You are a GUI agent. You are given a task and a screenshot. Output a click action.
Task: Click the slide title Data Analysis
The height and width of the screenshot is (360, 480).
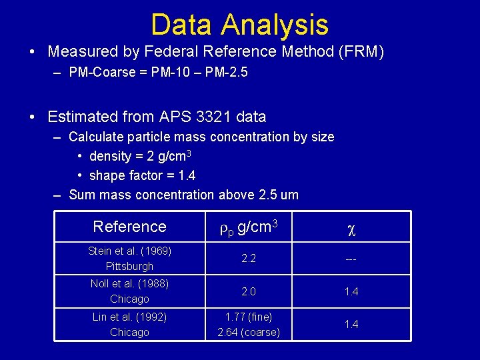pyautogui.click(x=239, y=25)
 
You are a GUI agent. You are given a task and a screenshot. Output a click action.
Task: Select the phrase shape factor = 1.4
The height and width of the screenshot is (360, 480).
pyautogui.click(x=142, y=175)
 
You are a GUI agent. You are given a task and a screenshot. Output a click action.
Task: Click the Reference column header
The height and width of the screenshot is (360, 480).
pyautogui.click(x=129, y=227)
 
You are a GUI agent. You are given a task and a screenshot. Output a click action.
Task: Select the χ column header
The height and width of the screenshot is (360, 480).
pyautogui.click(x=351, y=228)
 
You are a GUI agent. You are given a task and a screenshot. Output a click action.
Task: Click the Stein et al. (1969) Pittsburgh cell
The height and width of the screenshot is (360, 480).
pyautogui.click(x=129, y=259)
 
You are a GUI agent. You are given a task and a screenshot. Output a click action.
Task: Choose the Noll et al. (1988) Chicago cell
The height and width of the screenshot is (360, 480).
pyautogui.click(x=129, y=291)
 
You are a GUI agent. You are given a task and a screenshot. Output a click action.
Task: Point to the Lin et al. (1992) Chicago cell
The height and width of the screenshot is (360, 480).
pyautogui.click(x=129, y=324)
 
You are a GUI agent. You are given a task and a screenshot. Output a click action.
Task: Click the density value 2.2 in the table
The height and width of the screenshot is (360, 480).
pyautogui.click(x=249, y=259)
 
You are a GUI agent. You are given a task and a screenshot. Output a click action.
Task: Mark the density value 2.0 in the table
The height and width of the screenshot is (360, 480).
pyautogui.click(x=249, y=291)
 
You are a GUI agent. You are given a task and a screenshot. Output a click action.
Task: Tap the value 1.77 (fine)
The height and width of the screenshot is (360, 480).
pyautogui.click(x=249, y=317)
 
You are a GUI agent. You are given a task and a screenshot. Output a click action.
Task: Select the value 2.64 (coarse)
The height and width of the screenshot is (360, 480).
pyautogui.click(x=249, y=332)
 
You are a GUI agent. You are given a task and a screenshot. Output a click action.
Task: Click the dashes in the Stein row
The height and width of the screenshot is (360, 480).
pyautogui.click(x=351, y=259)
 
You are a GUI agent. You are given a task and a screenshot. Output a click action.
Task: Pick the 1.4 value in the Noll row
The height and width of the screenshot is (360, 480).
pyautogui.click(x=351, y=291)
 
